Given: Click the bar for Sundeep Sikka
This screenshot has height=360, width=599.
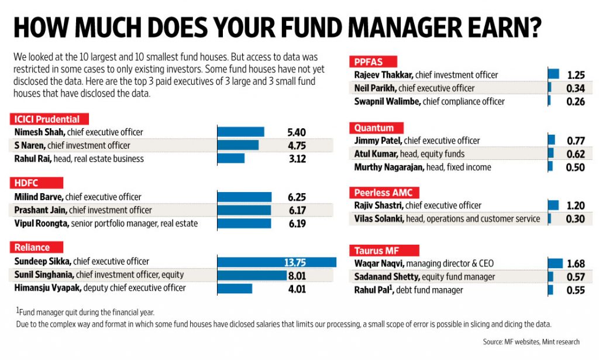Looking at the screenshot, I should pyautogui.click(x=276, y=262).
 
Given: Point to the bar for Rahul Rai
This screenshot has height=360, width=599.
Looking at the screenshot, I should pyautogui.click(x=230, y=159).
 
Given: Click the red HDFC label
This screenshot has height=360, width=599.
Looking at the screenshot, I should pyautogui.click(x=26, y=183).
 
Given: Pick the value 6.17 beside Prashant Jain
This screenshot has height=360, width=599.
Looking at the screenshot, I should pyautogui.click(x=293, y=210).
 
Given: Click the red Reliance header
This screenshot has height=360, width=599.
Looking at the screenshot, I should pyautogui.click(x=33, y=248).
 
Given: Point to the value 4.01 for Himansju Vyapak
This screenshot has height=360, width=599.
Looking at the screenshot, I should pyautogui.click(x=293, y=288).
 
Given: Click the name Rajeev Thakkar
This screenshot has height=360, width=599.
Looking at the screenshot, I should pyautogui.click(x=382, y=75).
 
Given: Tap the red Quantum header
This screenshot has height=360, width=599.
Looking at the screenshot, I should pyautogui.click(x=374, y=128).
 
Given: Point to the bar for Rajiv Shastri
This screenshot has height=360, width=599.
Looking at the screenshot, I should pyautogui.click(x=553, y=205).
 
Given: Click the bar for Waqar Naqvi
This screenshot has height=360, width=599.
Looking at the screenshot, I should pyautogui.click(x=555, y=263).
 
